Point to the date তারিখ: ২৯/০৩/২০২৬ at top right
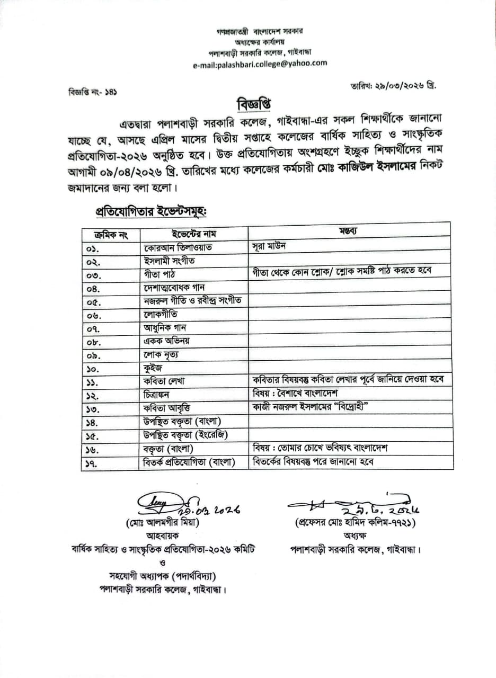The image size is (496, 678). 394,85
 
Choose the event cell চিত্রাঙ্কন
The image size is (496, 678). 161,395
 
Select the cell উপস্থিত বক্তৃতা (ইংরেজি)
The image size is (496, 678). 182,435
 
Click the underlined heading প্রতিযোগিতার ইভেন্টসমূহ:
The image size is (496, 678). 150,210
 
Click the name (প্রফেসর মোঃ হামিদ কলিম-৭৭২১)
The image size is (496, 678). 355,522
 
